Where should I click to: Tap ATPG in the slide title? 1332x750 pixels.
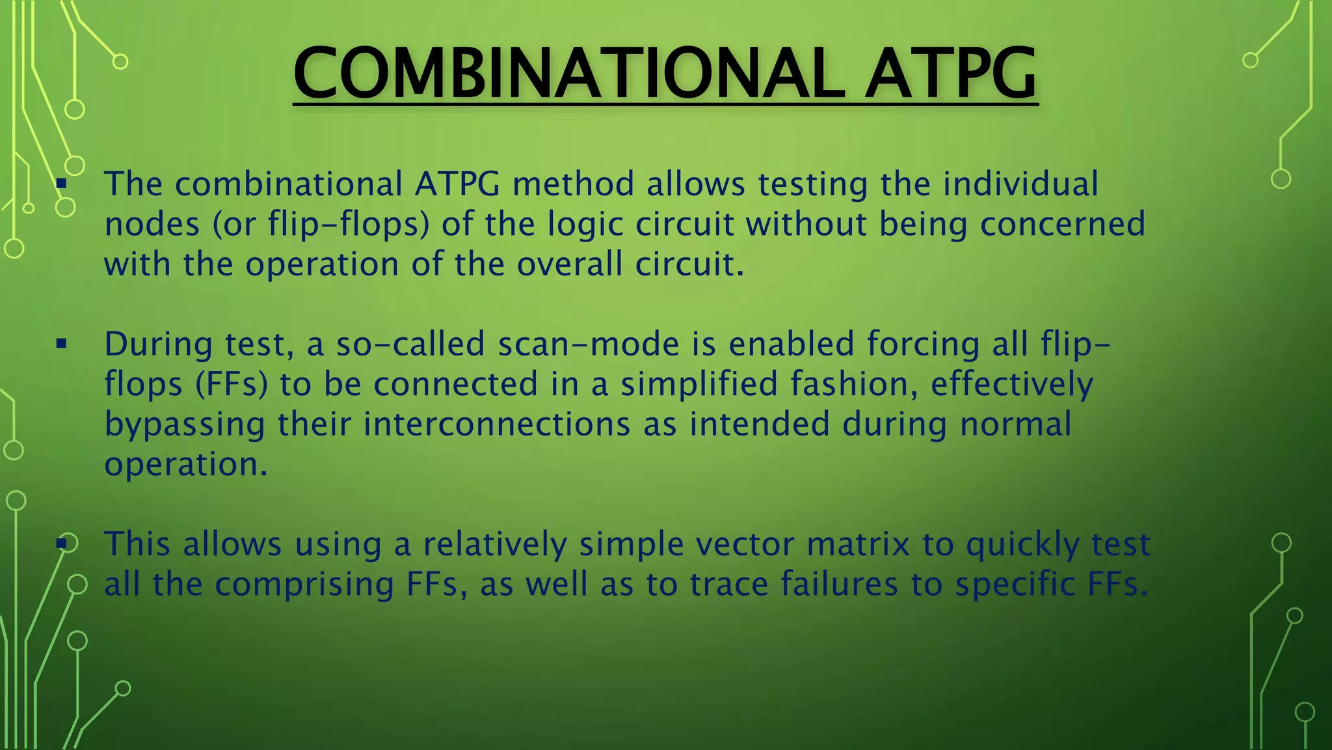(950, 73)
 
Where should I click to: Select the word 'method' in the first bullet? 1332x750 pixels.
(573, 184)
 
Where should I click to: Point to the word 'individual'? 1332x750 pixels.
(1020, 184)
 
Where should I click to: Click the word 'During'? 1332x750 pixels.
(158, 344)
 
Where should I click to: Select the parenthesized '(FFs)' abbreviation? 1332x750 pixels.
(232, 384)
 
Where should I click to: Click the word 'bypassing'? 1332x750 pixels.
(185, 425)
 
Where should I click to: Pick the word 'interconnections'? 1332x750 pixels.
(497, 424)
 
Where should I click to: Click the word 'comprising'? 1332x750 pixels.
(304, 585)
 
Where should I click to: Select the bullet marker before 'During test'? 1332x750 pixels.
(62, 344)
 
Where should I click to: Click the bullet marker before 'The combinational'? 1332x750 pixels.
(62, 184)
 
